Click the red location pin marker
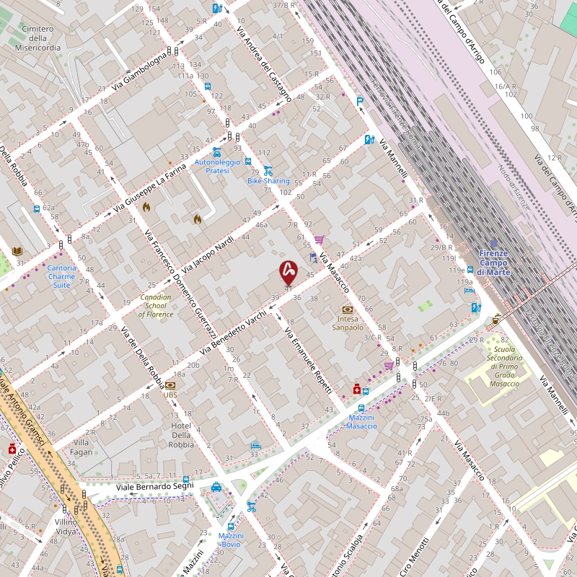(288, 271)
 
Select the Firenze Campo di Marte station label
(494, 263)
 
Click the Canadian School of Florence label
(156, 306)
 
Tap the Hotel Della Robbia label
(181, 435)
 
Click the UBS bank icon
(170, 385)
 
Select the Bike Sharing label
(268, 180)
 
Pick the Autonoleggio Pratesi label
(217, 167)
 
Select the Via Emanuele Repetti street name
(309, 361)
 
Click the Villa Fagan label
(82, 447)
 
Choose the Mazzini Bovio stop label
(231, 539)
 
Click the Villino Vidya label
(66, 526)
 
